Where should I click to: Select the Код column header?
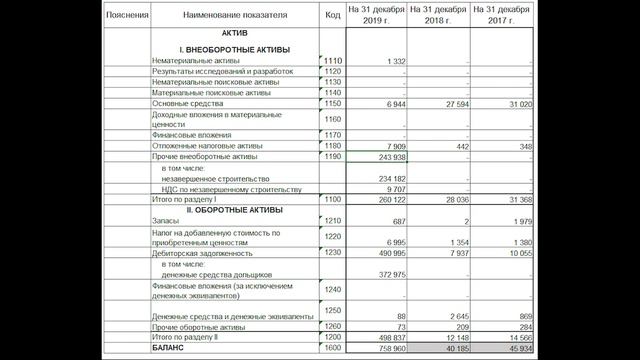coord(332,15)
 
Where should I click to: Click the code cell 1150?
coord(333,104)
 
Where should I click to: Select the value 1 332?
coord(389,62)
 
